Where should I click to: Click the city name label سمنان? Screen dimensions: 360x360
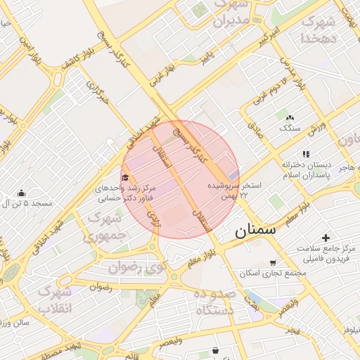(x=256, y=229)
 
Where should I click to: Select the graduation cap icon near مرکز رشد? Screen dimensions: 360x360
(x=125, y=177)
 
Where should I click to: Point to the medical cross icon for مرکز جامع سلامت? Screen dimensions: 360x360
(x=325, y=238)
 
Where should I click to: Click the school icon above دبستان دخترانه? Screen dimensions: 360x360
(x=305, y=153)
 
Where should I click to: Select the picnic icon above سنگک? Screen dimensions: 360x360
(x=289, y=117)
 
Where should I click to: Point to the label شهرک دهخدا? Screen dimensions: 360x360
(x=320, y=29)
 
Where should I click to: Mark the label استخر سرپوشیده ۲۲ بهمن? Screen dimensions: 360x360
(x=234, y=190)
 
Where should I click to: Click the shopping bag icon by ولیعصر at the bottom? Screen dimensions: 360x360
(x=214, y=349)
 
